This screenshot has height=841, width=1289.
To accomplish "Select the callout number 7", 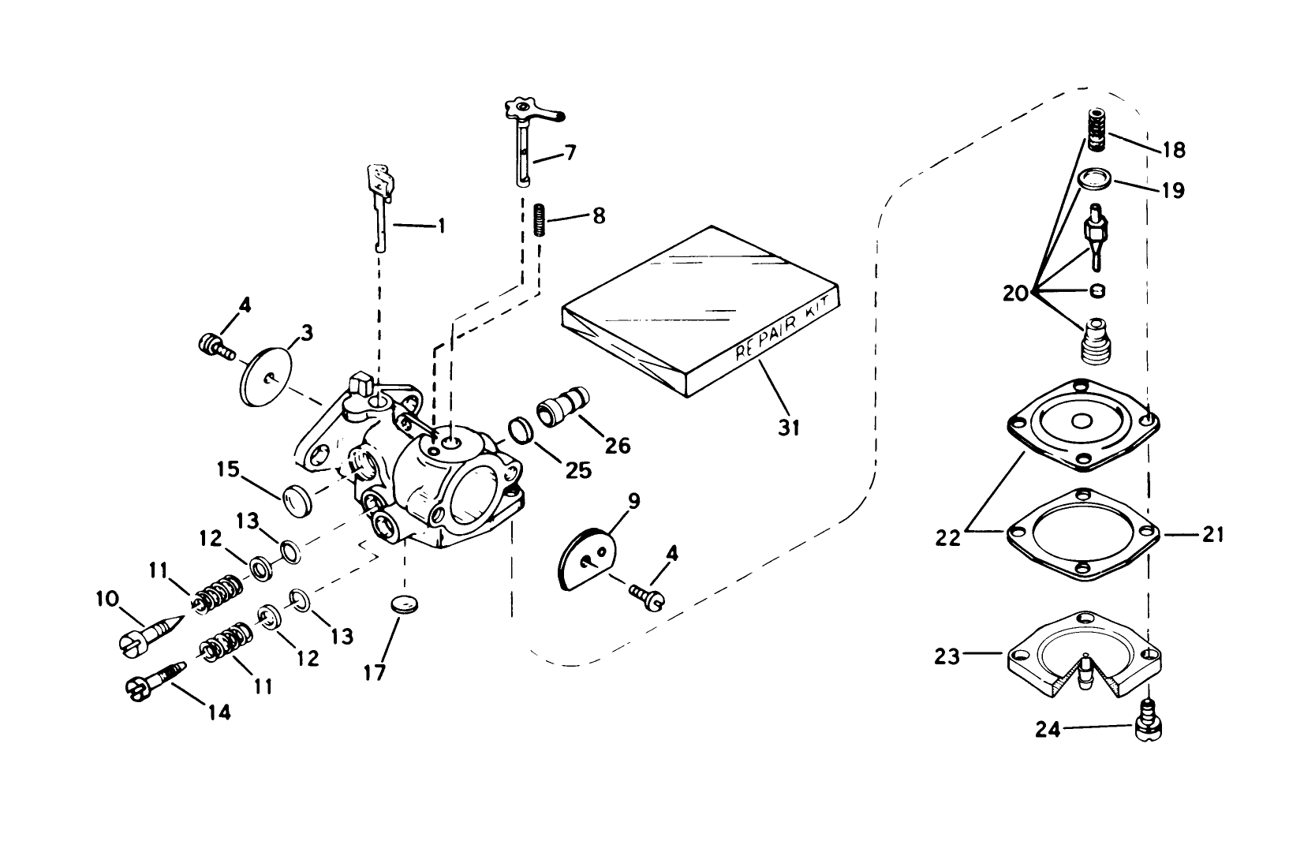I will tap(570, 152).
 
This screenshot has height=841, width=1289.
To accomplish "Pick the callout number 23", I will tap(947, 656).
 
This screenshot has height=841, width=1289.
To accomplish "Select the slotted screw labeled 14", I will tap(156, 678).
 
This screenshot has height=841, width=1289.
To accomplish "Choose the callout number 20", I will tap(1016, 293).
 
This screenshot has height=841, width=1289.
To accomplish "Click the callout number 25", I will tap(581, 471).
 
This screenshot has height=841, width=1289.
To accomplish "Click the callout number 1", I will tap(441, 226).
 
